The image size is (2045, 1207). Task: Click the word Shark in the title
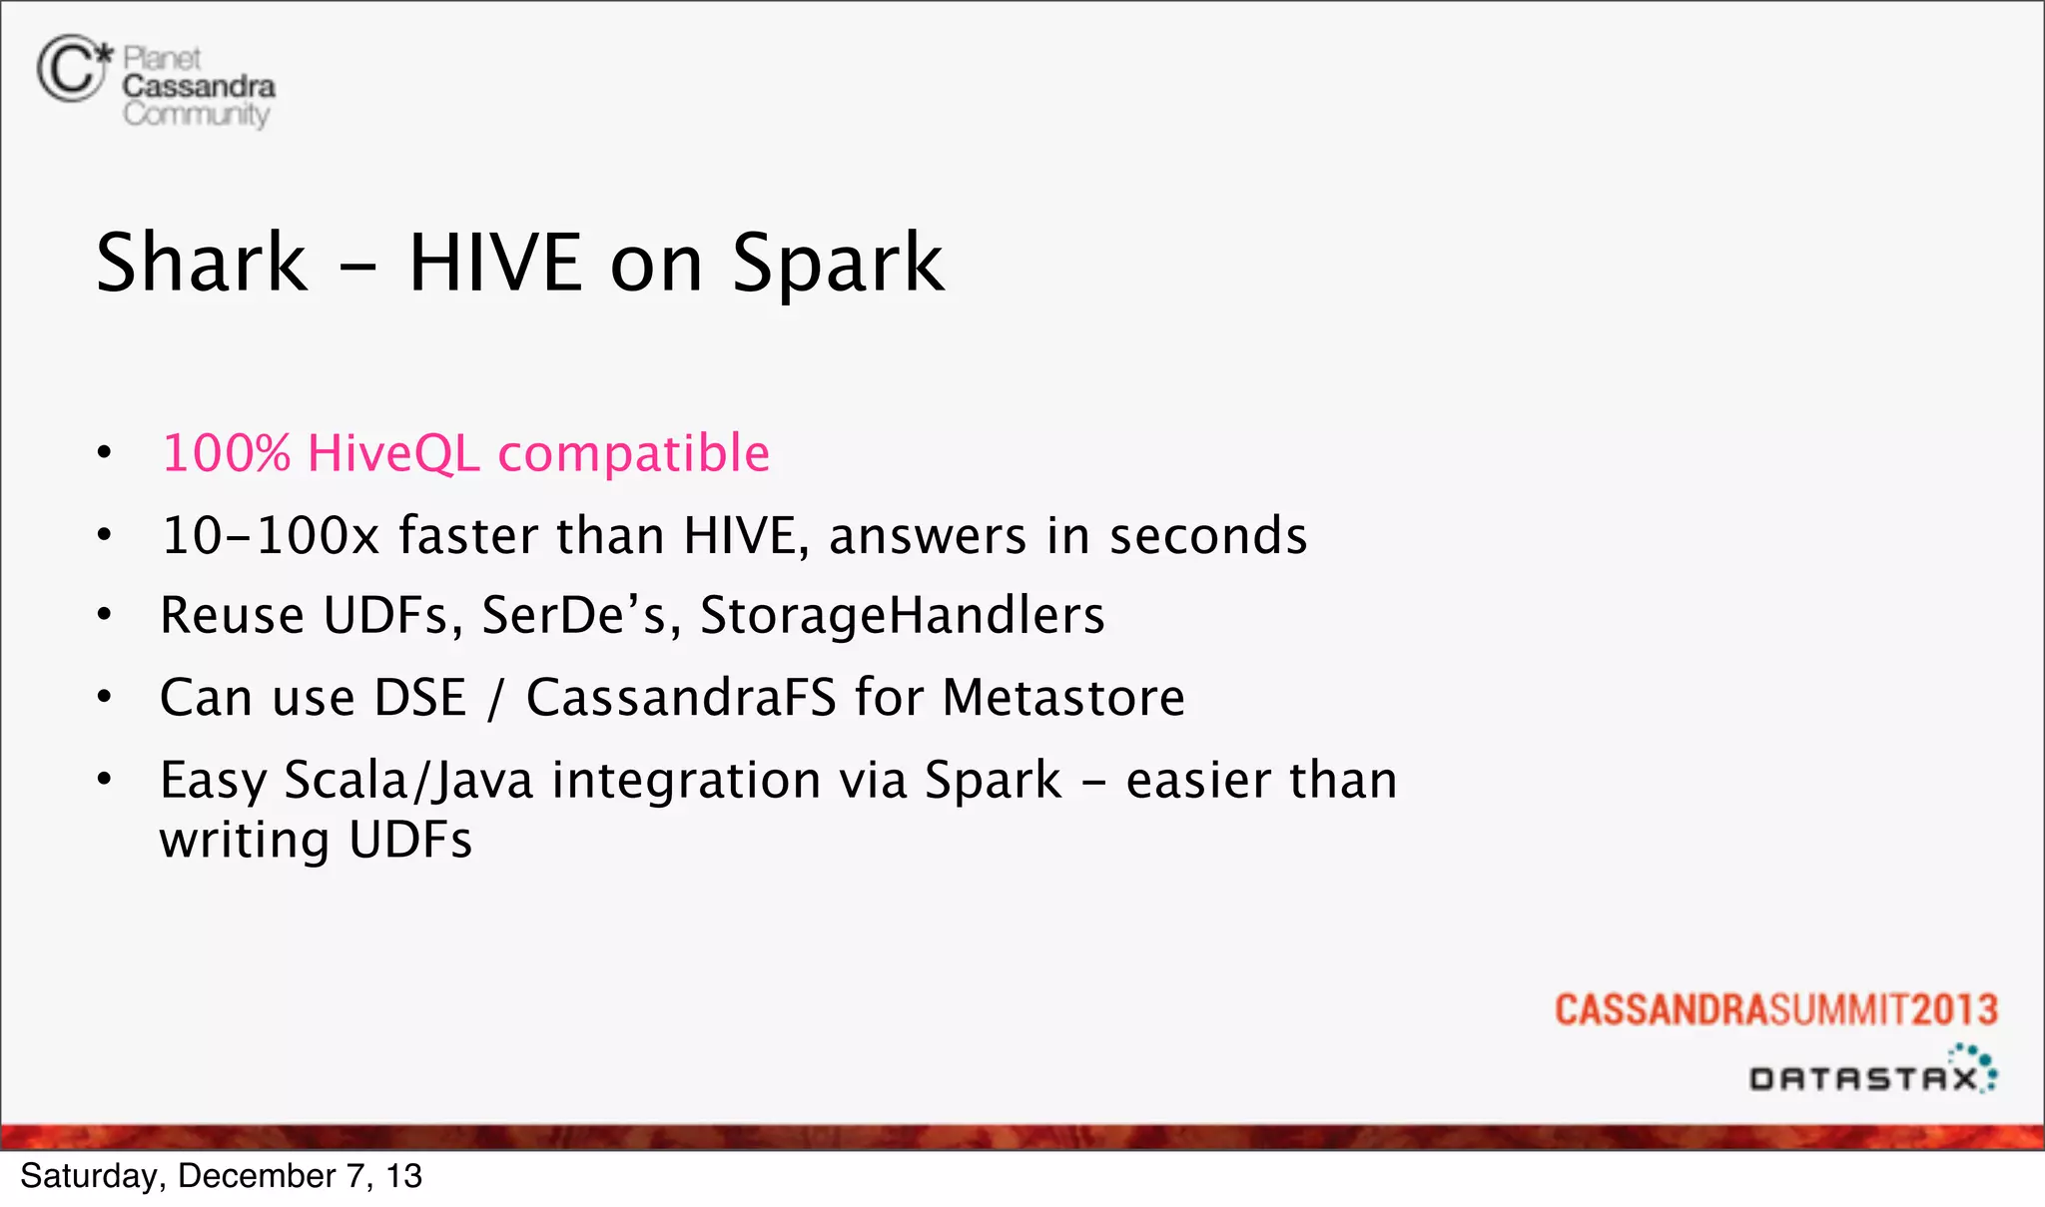[202, 263]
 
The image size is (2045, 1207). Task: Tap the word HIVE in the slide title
[495, 263]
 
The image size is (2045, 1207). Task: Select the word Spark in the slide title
[837, 265]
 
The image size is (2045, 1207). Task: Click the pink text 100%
[226, 453]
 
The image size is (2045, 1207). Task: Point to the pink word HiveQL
[393, 455]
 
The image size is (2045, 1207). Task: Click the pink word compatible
[633, 455]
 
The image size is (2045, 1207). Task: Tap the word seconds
[1207, 536]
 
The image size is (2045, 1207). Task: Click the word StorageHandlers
[902, 616]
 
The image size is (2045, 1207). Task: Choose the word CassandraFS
[681, 698]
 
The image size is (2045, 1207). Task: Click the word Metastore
[1062, 698]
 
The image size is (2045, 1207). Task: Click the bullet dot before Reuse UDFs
[105, 616]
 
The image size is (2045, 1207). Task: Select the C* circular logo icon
[72, 68]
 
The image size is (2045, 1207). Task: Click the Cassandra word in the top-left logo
[199, 87]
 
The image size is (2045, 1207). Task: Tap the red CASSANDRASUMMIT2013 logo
[1775, 1010]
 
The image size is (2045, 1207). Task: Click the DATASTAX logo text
[1863, 1078]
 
